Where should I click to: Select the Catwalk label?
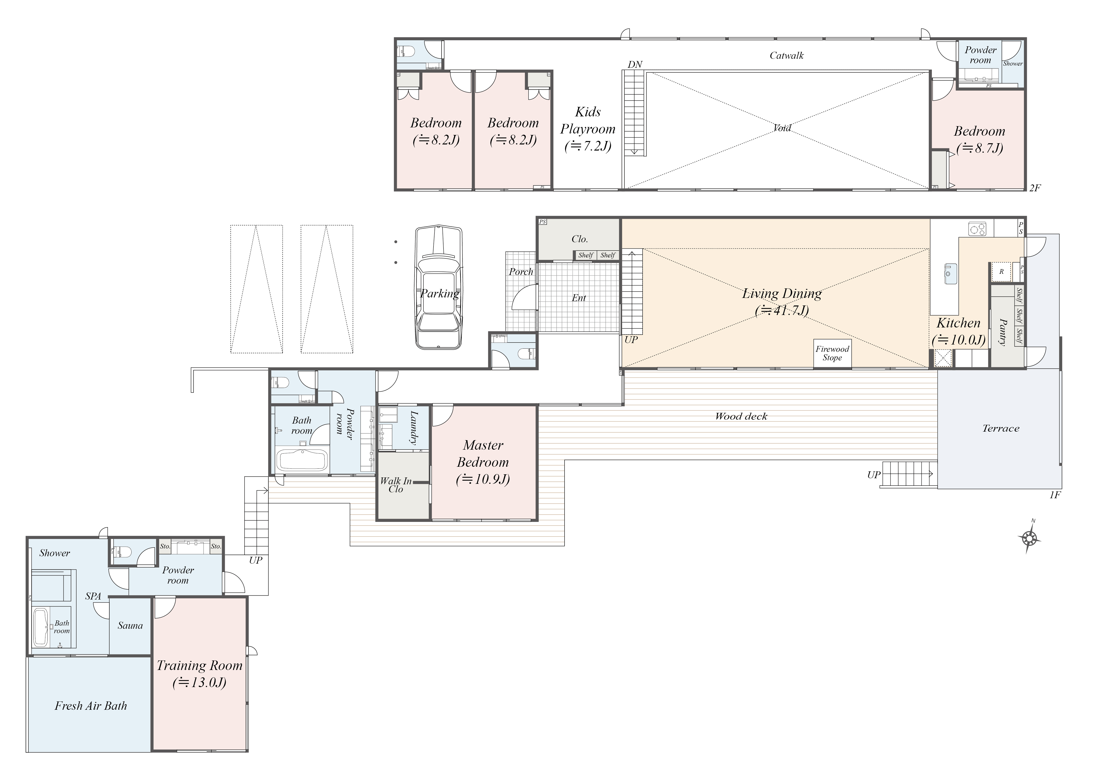point(787,55)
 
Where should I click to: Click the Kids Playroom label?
point(588,129)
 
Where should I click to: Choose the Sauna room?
point(130,626)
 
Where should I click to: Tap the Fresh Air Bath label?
point(91,706)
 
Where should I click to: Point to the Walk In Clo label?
point(396,485)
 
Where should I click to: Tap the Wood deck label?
point(741,416)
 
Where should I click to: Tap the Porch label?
point(521,272)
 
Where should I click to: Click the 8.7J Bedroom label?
point(980,140)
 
